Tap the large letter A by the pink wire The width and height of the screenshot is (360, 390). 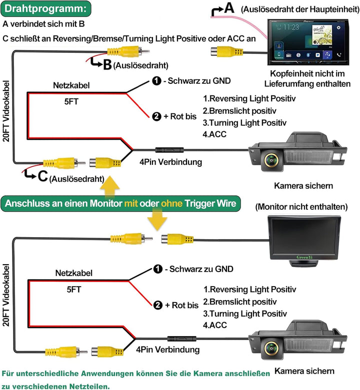tap(228, 8)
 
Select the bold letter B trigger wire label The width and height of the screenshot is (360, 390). tap(106, 65)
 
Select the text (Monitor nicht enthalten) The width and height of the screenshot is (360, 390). tap(301, 206)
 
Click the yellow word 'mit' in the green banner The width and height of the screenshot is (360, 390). tap(131, 203)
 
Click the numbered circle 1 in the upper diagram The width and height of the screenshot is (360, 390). tap(156, 81)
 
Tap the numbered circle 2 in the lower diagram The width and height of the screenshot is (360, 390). tap(157, 305)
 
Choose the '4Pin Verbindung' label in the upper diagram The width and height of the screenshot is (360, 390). tap(170, 162)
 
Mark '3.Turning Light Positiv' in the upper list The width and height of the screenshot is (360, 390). tap(244, 123)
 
